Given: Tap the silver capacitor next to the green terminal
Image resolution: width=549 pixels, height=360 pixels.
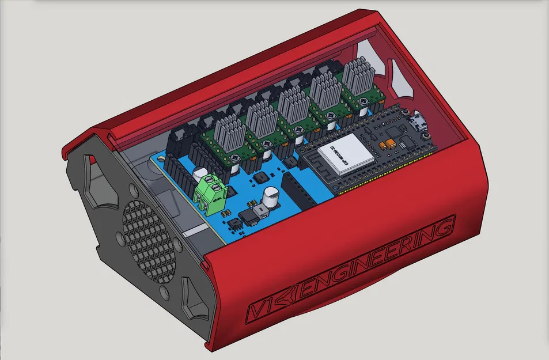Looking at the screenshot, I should tap(200, 173).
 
